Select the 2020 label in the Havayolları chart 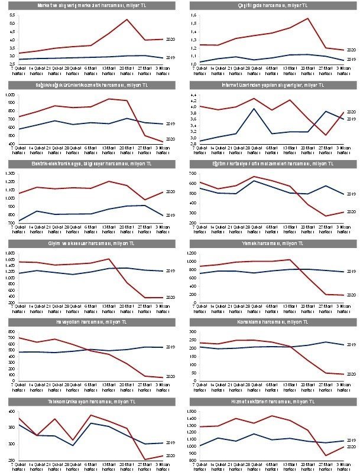pyautogui.click(x=170, y=376)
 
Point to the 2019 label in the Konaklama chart pyautogui.click(x=350, y=344)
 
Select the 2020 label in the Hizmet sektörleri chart pyautogui.click(x=350, y=447)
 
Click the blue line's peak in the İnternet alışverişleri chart pyautogui.click(x=253, y=109)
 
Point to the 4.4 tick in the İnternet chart pyautogui.click(x=192, y=94)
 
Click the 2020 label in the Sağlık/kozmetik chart pyautogui.click(x=170, y=139)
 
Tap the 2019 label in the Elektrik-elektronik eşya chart pyautogui.click(x=170, y=216)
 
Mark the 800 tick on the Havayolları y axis pyautogui.click(x=12, y=332)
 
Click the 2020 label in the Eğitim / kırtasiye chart pyautogui.click(x=350, y=211)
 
